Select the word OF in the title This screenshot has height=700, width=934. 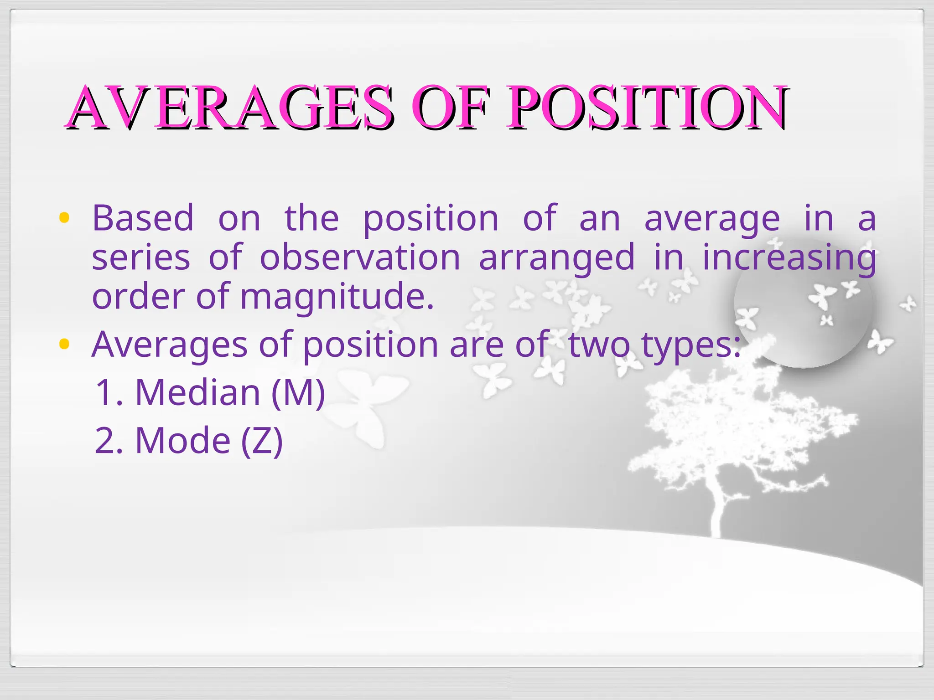[451, 108]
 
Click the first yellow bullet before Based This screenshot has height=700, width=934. [64, 218]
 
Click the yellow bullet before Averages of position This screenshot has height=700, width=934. [64, 344]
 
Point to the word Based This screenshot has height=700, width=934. [143, 218]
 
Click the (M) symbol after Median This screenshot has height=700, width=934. [298, 392]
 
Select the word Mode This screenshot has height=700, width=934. [183, 440]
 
